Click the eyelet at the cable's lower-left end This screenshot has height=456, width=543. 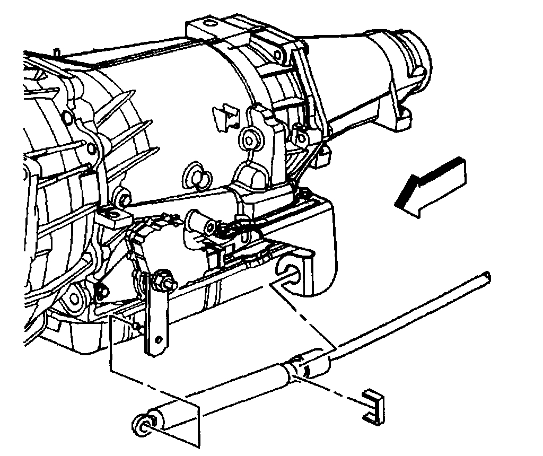(142, 423)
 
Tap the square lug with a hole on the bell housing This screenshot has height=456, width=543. (113, 216)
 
